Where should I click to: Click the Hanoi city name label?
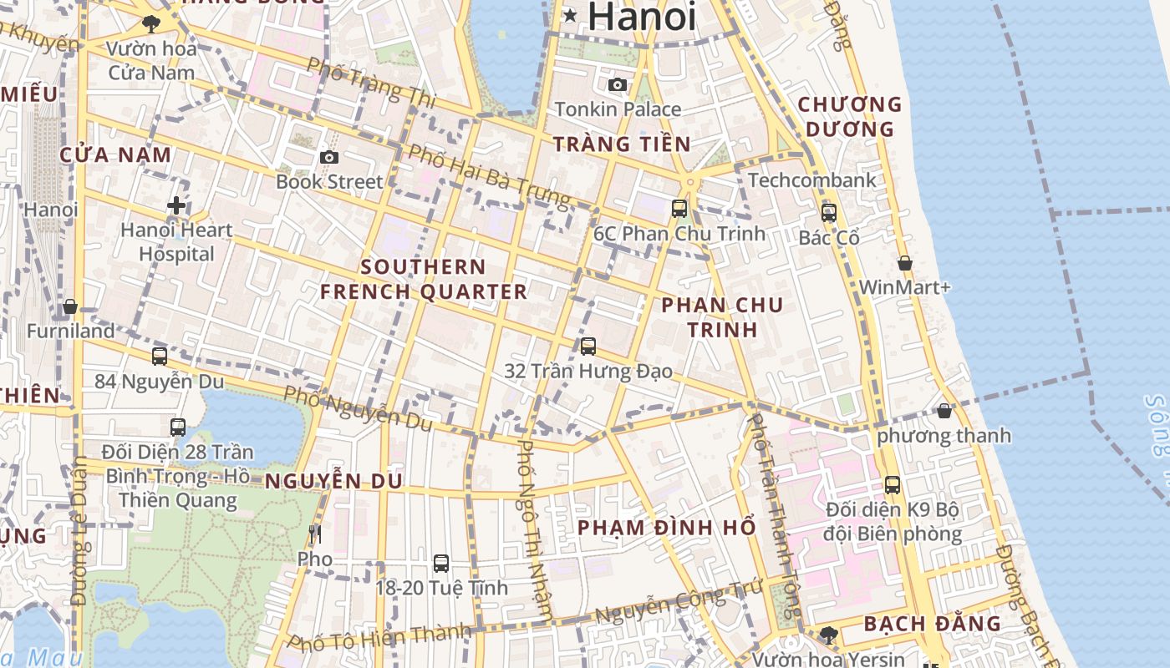642,17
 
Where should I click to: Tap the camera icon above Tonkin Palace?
618,84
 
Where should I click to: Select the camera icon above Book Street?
329,157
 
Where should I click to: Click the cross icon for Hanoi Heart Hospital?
176,205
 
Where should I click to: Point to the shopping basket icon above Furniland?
70,306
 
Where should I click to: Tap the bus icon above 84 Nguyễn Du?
160,357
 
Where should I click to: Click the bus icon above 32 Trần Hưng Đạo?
588,346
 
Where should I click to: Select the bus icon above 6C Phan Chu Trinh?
679,209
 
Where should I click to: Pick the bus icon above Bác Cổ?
829,213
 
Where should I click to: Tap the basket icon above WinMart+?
904,263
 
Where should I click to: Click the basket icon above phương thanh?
944,411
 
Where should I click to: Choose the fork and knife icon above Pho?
315,534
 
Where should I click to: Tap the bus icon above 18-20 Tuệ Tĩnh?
441,564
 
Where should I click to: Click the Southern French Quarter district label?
424,279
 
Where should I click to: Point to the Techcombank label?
812,180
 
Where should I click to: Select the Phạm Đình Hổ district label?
666,528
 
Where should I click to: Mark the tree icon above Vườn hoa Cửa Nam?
151,23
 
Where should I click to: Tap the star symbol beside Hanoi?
571,15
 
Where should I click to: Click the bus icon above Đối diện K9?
893,484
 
